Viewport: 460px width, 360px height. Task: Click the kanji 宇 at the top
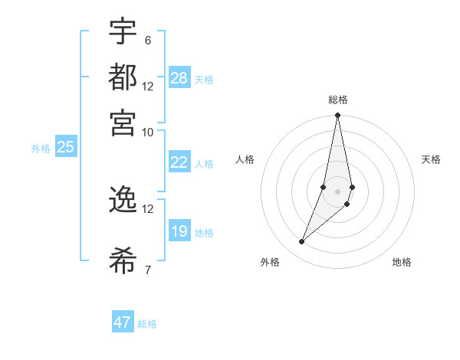[x=123, y=32]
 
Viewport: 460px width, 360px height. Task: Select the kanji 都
[x=123, y=77]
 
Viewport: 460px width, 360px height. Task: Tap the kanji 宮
[x=123, y=120]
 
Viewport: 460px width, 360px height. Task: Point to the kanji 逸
[x=123, y=199]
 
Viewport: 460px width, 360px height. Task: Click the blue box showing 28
[x=179, y=78]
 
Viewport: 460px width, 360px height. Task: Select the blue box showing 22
[x=179, y=162]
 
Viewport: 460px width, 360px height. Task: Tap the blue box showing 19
[x=179, y=231]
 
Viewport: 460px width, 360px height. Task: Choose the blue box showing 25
[x=65, y=147]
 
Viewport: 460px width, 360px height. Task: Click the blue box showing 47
[x=123, y=322]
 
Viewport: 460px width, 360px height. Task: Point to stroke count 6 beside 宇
[x=147, y=41]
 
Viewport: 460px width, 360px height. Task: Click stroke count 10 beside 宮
[x=147, y=131]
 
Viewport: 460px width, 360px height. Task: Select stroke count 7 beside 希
[x=147, y=269]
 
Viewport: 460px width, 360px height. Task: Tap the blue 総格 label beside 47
[x=147, y=324]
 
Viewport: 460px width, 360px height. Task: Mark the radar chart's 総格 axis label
[x=337, y=100]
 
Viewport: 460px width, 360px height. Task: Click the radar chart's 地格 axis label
[x=402, y=262]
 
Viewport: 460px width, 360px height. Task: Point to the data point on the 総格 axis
[x=337, y=116]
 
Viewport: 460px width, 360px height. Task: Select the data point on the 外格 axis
[x=302, y=241]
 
